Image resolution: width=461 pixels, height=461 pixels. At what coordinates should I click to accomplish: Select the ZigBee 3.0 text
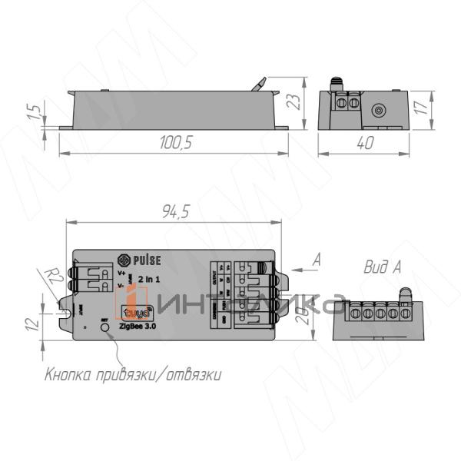click(137, 326)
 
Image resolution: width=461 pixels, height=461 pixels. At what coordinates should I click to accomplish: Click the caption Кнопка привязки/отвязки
click(134, 376)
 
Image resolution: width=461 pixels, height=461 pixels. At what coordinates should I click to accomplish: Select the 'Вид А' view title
click(383, 267)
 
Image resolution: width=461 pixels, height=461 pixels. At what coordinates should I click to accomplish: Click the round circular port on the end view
click(378, 110)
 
